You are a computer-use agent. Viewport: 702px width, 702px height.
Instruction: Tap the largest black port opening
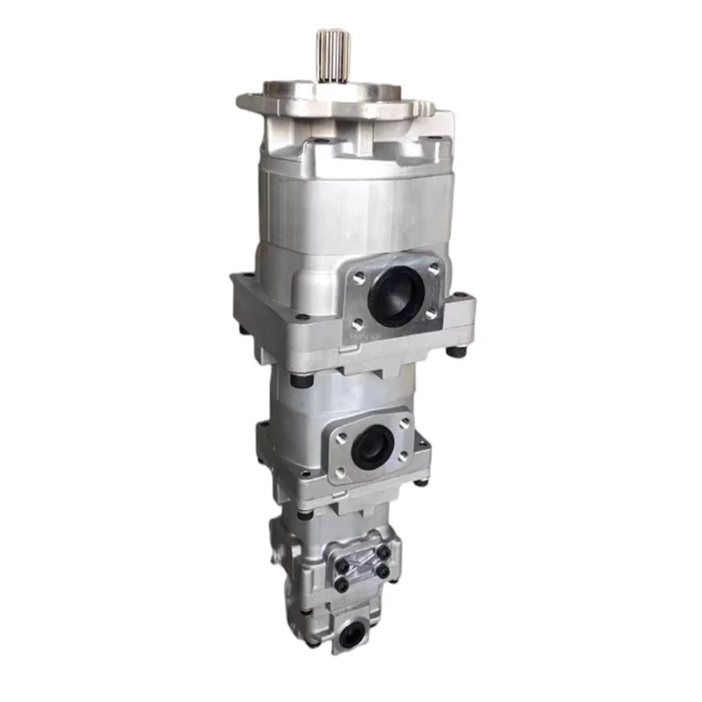pyautogui.click(x=396, y=297)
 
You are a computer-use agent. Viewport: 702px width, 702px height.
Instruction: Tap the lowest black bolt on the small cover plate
pyautogui.click(x=341, y=585)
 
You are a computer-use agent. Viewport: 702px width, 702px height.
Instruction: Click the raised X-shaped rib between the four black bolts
pyautogui.click(x=362, y=566)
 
